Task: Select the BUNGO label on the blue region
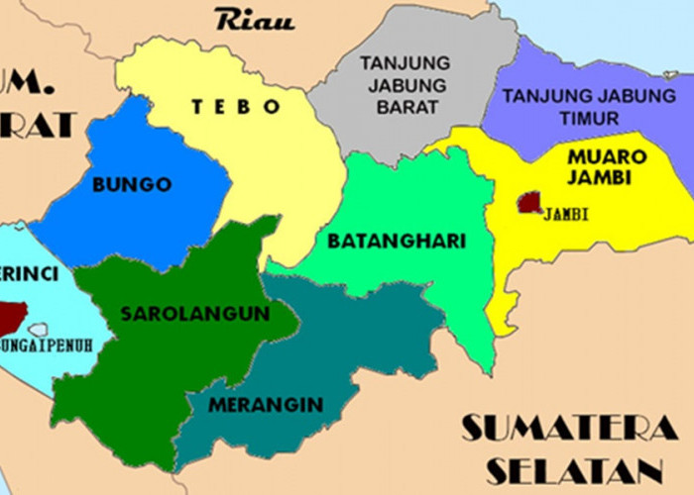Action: [x=132, y=184]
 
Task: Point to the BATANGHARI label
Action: [x=397, y=241]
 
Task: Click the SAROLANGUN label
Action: [x=195, y=314]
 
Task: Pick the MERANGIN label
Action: [x=266, y=404]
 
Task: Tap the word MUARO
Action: [x=606, y=156]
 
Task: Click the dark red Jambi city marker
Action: [x=530, y=203]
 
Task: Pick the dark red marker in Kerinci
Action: [x=12, y=316]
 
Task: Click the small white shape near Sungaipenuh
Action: [x=39, y=329]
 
